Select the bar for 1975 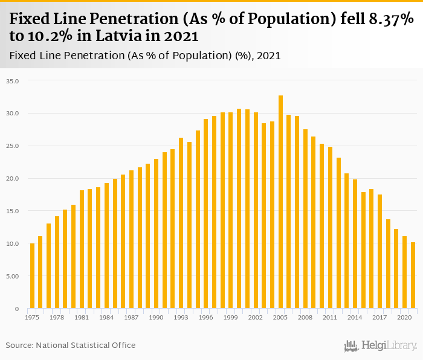[32, 276]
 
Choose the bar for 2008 [305, 219]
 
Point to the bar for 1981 [82, 249]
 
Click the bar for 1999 [231, 210]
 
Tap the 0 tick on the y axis [16, 309]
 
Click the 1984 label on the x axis [106, 317]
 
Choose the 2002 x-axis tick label [256, 317]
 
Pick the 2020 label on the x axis [404, 317]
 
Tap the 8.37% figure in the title [387, 19]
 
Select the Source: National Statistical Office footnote [71, 345]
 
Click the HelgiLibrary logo [381, 346]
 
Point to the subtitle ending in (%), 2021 [145, 56]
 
